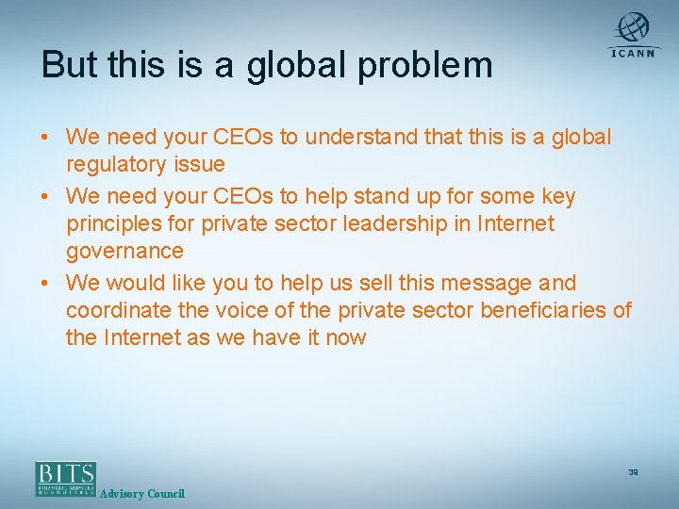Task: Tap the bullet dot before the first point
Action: [45, 139]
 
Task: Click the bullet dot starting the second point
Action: [45, 197]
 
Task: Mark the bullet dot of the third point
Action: [45, 284]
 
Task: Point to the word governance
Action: [124, 251]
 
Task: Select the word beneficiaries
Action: [540, 310]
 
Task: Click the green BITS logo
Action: [66, 478]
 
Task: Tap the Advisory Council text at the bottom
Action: [142, 494]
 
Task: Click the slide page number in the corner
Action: [633, 472]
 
